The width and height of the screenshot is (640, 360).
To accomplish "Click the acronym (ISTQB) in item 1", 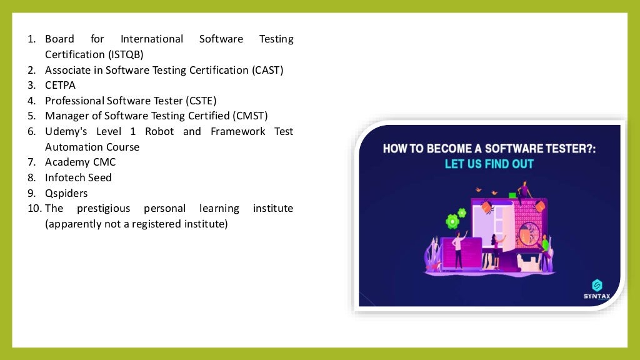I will (125, 54).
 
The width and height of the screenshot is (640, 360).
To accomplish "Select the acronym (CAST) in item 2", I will (268, 70).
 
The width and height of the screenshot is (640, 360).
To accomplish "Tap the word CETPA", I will (60, 85).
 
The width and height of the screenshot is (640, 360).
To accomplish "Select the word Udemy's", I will (67, 131).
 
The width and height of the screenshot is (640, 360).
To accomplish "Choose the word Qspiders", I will (66, 192).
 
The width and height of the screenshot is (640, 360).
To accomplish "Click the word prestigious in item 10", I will (103, 208).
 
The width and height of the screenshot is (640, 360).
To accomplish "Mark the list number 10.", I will (34, 208).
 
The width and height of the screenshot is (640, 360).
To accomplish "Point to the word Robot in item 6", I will (159, 131).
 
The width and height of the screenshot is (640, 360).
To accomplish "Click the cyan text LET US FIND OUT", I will (489, 164).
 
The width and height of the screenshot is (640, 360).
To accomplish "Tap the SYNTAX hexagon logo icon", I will (596, 284).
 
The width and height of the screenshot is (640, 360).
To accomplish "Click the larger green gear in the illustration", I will (452, 221).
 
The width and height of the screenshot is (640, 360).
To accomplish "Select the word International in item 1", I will (152, 39).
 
